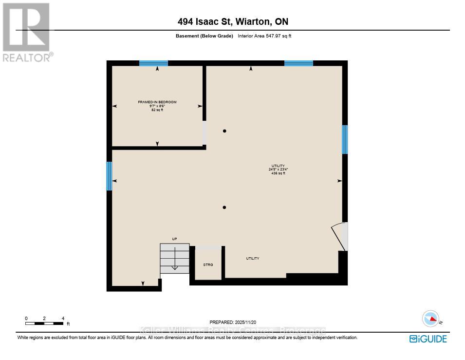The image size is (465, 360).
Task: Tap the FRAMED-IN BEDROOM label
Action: (x=157, y=102)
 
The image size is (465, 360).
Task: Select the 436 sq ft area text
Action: (x=278, y=173)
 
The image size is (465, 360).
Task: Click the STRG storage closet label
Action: (x=208, y=265)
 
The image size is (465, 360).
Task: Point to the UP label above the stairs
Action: (x=174, y=239)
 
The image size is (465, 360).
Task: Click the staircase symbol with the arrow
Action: (x=175, y=258)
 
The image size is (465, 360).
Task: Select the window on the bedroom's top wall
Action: (x=153, y=63)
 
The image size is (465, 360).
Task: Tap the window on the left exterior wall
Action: (x=109, y=176)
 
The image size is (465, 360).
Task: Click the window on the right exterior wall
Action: (x=345, y=139)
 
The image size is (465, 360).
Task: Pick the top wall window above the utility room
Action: (x=298, y=63)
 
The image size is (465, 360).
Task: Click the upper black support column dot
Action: (x=224, y=131)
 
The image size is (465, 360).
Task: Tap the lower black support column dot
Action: (x=224, y=208)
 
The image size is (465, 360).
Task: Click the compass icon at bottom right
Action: (x=430, y=319)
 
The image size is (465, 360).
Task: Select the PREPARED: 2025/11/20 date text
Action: (x=232, y=322)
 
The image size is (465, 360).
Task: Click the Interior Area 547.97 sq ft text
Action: (x=264, y=36)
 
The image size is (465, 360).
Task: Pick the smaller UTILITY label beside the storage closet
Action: (x=252, y=259)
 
